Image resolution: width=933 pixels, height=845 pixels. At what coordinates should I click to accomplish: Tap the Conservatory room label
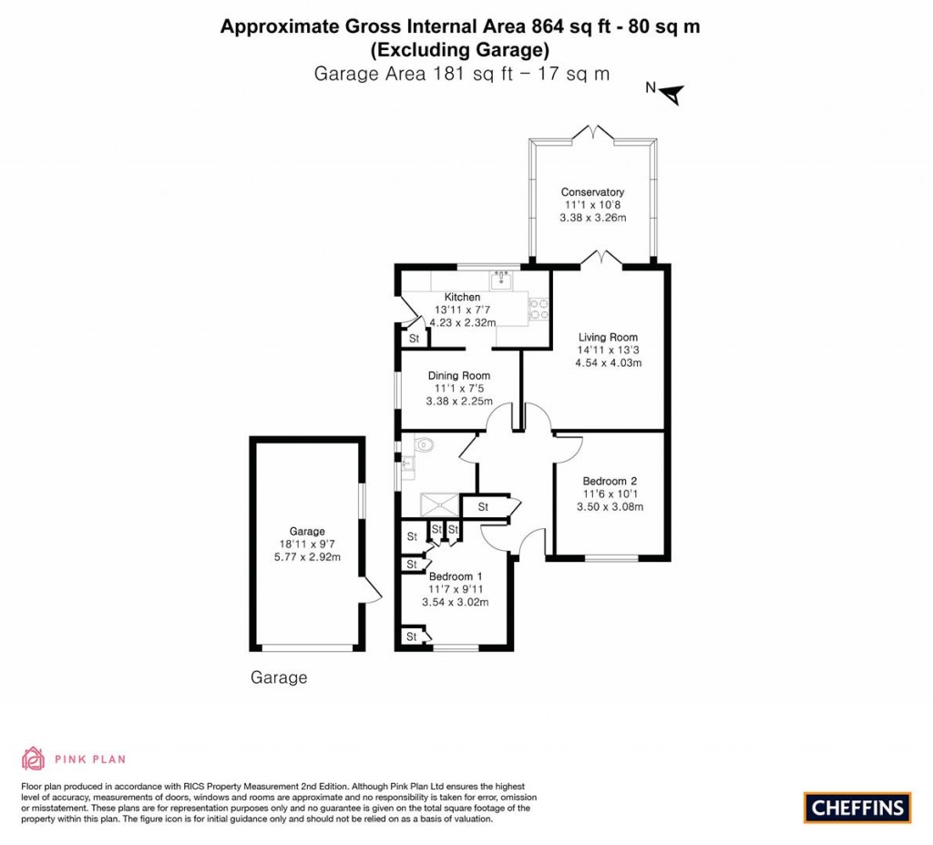click(x=592, y=192)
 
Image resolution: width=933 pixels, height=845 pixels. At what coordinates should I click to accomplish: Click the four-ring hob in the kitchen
click(x=538, y=310)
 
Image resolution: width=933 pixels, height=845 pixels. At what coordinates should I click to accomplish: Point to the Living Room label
click(x=608, y=337)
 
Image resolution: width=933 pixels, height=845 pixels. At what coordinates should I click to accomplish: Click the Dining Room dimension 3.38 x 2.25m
click(x=459, y=401)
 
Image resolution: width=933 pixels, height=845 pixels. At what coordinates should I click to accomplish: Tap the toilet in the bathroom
click(x=425, y=444)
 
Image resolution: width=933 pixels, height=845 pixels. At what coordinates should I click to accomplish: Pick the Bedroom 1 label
click(x=456, y=576)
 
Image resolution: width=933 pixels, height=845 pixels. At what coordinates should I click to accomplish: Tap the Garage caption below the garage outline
click(x=279, y=678)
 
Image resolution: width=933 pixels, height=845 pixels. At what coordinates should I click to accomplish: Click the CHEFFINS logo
click(x=857, y=807)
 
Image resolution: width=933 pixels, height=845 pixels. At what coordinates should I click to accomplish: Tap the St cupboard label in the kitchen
click(x=414, y=339)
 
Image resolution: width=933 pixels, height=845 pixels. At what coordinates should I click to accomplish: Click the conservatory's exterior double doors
click(x=593, y=133)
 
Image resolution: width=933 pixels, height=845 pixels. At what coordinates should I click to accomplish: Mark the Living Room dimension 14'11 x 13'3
click(x=608, y=350)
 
